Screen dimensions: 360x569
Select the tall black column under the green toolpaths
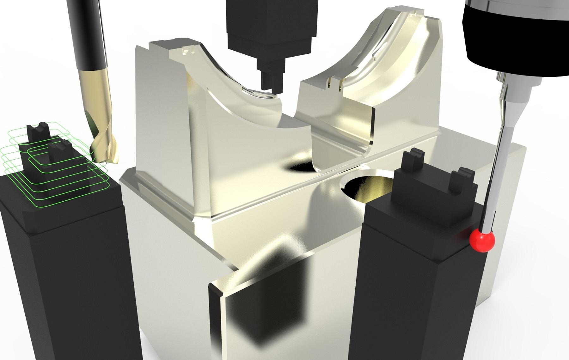[63, 284]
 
